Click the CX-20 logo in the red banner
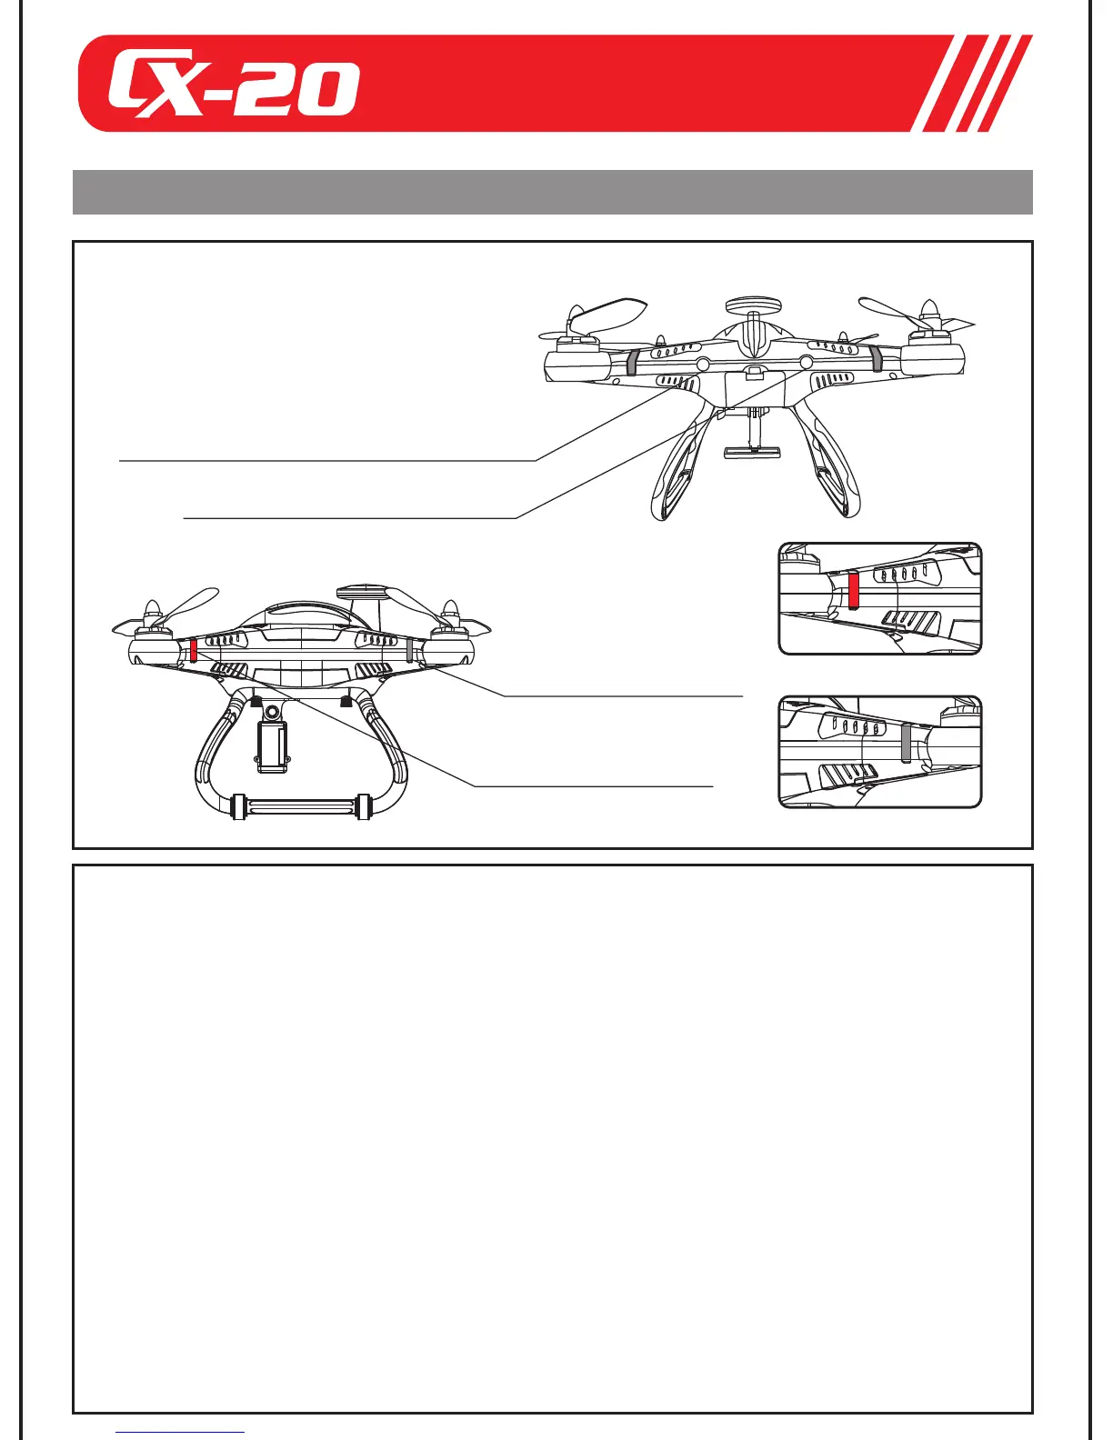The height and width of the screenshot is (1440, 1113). [x=233, y=89]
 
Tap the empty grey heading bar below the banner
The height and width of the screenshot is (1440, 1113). [x=552, y=192]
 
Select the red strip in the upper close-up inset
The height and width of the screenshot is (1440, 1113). [x=853, y=590]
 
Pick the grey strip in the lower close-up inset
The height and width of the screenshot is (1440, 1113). [x=906, y=743]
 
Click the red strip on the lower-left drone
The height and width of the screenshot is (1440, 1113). [x=194, y=649]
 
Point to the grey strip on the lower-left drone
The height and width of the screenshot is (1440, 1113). [x=411, y=649]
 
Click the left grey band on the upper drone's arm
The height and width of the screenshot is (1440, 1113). [x=632, y=361]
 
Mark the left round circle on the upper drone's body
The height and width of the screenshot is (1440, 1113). [x=704, y=363]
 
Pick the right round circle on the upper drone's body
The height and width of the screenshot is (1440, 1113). [x=806, y=361]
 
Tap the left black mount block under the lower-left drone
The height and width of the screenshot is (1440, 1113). [x=256, y=701]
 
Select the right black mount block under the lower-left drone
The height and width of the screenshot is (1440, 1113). [x=346, y=701]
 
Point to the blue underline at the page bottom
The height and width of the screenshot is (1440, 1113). [x=181, y=1433]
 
